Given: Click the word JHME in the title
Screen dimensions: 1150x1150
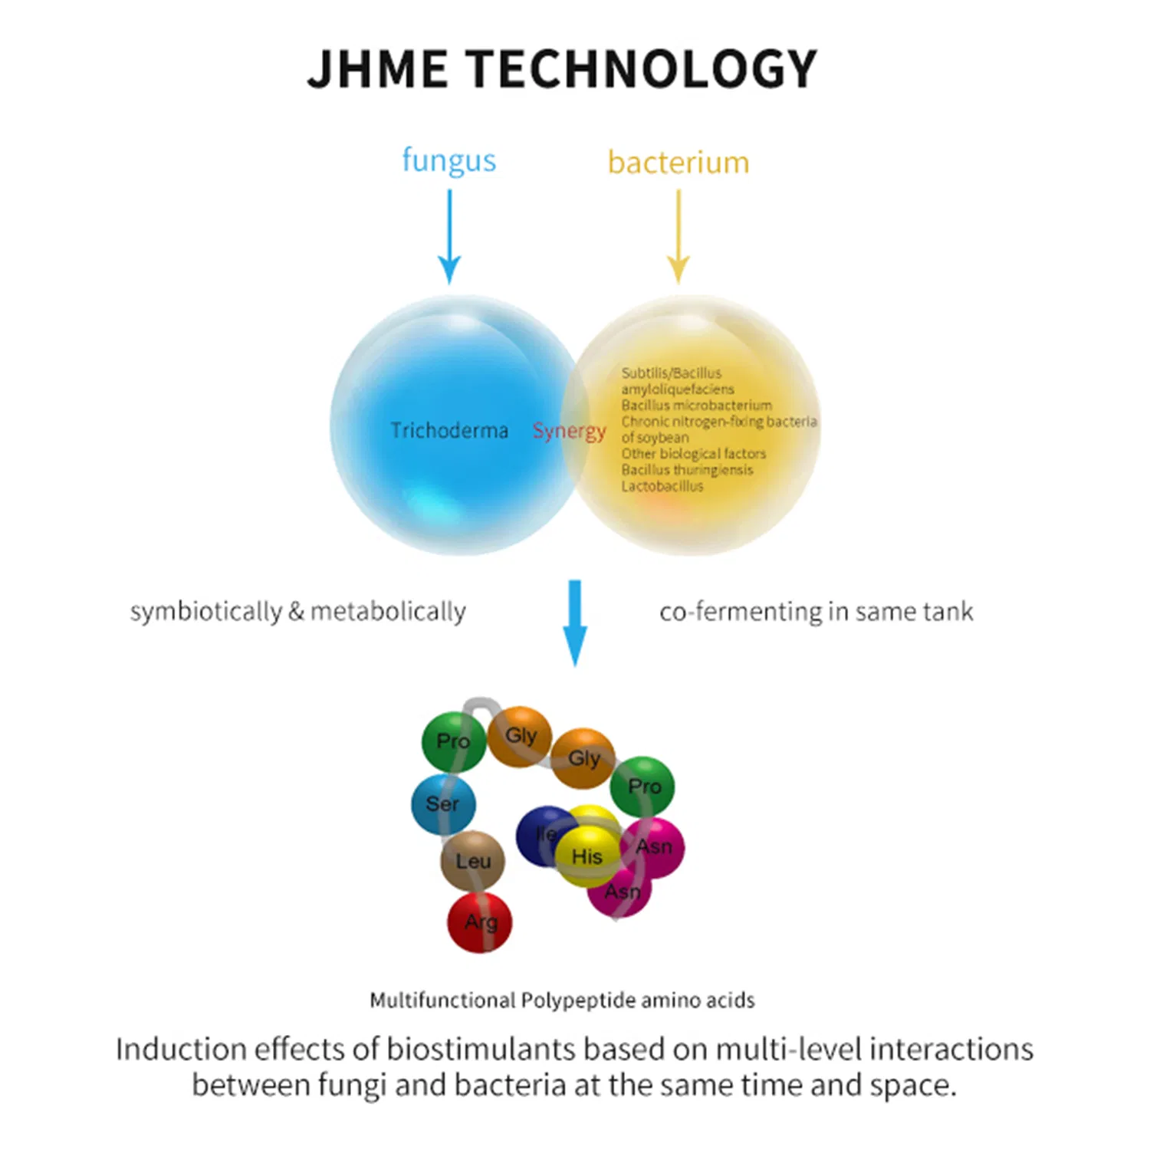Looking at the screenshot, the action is pos(377,69).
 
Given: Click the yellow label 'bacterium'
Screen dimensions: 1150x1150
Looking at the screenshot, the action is pos(678,163).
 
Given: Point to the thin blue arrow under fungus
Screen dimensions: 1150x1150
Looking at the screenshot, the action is pos(449,236).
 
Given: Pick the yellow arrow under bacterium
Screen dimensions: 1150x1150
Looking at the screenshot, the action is pos(678,236).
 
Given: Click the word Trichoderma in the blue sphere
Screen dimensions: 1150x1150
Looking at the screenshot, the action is pos(449,431).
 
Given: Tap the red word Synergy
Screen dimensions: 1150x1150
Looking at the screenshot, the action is pos(570,432).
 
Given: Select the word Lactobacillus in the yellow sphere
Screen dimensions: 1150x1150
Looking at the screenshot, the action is pos(662,486).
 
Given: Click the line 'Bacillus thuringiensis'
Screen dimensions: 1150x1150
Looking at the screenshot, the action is pos(688,470).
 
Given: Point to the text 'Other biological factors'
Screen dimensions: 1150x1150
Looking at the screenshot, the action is pos(694,454).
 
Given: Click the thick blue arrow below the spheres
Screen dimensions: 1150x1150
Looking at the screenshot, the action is pos(575,623).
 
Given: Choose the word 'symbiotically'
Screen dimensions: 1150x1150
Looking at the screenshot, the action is pos(206,612).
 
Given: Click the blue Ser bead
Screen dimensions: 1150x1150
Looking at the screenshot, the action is pos(444,804).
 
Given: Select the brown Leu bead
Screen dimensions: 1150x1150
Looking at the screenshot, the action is pos(473,861).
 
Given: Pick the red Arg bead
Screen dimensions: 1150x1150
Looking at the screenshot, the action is pos(480,922).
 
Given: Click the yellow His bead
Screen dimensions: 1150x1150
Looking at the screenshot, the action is pos(587,856).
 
